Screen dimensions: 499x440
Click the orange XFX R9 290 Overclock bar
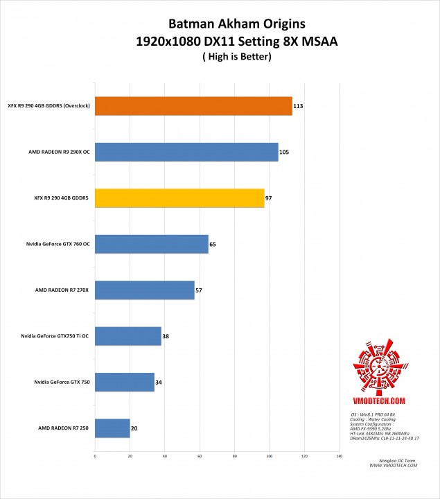point(193,106)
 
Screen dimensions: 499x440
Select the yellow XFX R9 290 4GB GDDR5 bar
point(179,198)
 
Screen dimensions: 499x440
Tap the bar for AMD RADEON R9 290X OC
point(186,152)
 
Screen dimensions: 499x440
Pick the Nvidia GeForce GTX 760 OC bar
point(152,244)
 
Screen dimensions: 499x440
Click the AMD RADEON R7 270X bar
point(145,290)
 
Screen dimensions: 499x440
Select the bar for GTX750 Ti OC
point(128,336)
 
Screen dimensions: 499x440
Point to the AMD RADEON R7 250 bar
point(112,428)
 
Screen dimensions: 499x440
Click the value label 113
point(299,106)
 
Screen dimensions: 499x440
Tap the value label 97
point(268,198)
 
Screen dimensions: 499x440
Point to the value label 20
point(134,428)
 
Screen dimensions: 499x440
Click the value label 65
point(213,244)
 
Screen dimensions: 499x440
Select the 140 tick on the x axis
point(339,456)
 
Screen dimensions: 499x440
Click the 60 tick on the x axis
point(200,456)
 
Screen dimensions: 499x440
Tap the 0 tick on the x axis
point(95,456)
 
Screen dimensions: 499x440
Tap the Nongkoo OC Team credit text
point(398,460)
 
